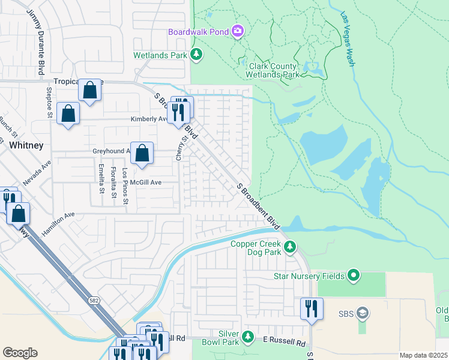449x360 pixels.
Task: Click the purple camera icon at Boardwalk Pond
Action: (x=238, y=31)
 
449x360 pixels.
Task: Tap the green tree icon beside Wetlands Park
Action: (x=196, y=55)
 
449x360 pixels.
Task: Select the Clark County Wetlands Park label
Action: (x=272, y=71)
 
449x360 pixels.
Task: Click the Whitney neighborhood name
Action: (x=26, y=145)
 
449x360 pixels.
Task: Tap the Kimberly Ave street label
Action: (x=149, y=119)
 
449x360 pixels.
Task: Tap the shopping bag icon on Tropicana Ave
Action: (x=89, y=91)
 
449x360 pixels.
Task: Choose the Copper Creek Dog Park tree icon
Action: (x=289, y=247)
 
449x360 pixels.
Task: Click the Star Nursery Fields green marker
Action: (x=354, y=276)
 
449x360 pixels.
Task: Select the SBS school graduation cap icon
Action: (x=362, y=313)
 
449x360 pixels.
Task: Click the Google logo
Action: (x=20, y=353)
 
